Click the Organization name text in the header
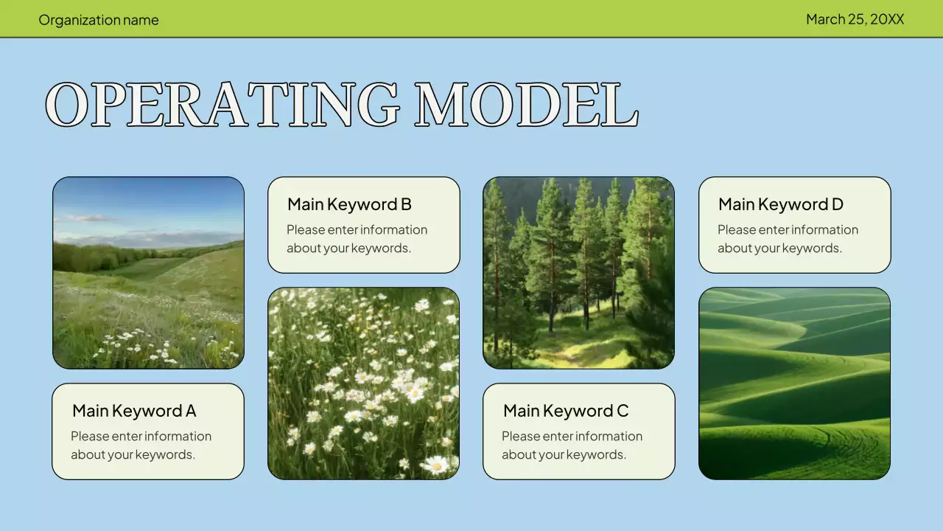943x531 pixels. [99, 20]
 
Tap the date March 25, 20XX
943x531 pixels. [855, 19]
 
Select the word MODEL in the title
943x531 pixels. [526, 105]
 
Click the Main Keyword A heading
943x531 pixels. [134, 411]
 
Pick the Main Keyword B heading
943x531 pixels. [349, 204]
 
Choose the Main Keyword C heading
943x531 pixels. [566, 411]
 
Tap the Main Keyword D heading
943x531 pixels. [780, 204]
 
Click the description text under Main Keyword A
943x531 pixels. [141, 445]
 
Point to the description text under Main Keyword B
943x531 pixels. [357, 239]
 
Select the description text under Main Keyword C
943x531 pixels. [572, 445]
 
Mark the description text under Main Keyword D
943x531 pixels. [788, 239]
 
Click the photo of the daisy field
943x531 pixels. [363, 383]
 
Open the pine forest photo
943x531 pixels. [578, 273]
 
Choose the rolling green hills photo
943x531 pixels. [794, 383]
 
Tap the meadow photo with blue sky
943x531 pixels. [148, 273]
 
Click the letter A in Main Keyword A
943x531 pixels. [191, 411]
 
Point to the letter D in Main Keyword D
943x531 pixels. [837, 204]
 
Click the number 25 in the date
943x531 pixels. [856, 19]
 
